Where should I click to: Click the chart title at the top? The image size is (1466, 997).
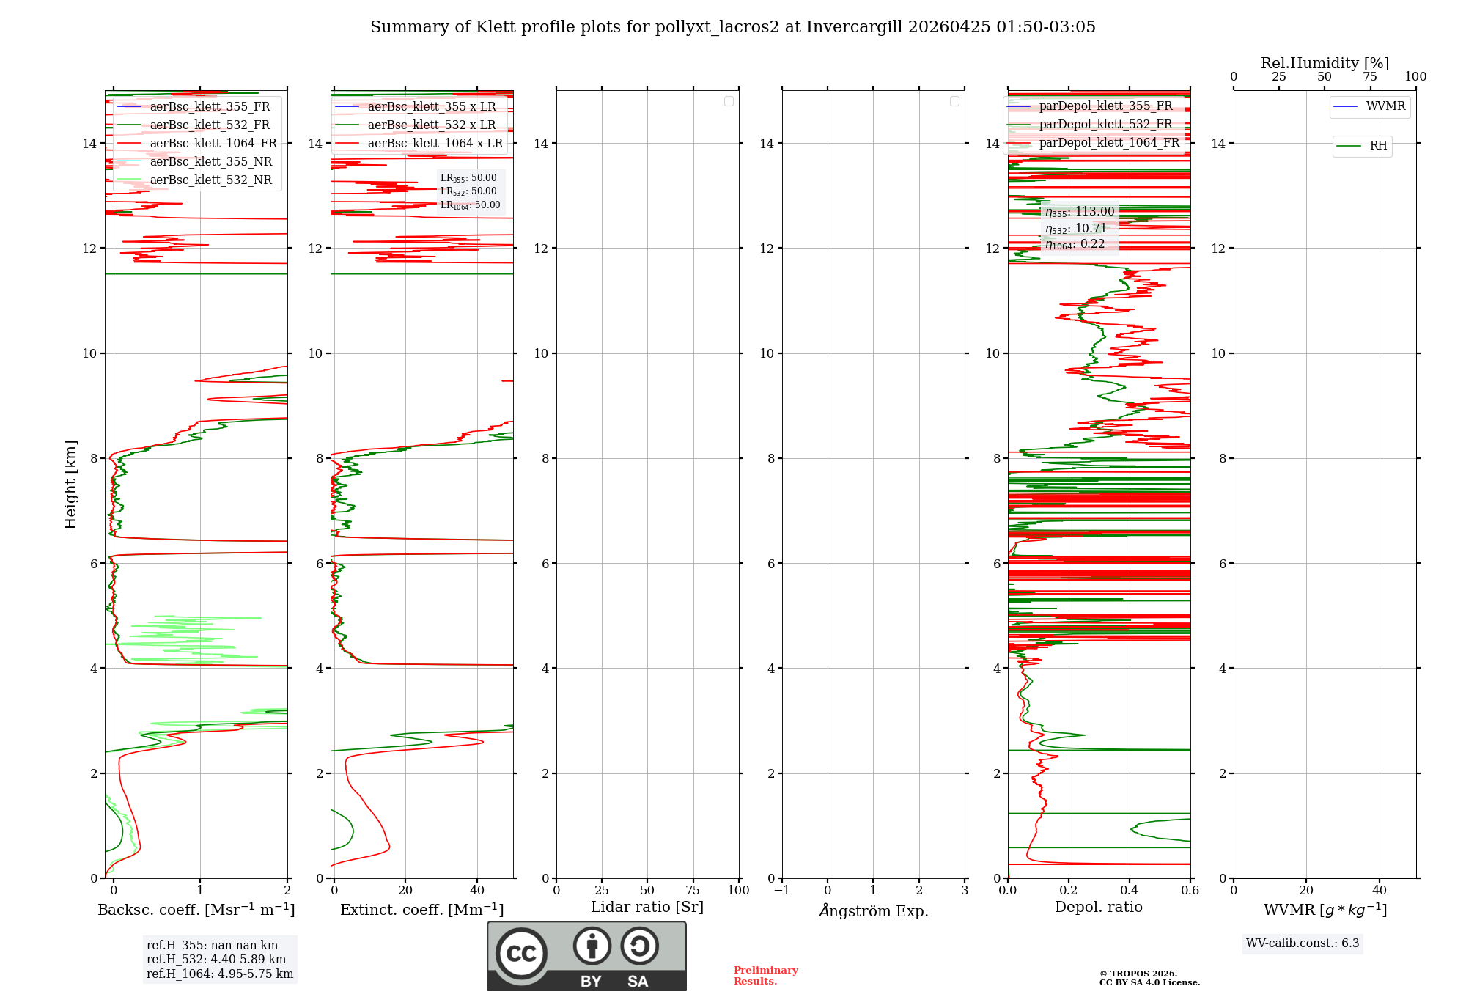(x=732, y=27)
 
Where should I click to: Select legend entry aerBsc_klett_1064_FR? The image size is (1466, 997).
(x=213, y=144)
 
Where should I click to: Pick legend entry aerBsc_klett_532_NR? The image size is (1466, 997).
(x=210, y=180)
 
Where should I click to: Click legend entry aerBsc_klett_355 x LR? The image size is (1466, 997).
(x=431, y=107)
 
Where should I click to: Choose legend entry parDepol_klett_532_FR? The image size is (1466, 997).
(x=1105, y=125)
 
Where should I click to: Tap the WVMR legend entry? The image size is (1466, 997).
(x=1385, y=106)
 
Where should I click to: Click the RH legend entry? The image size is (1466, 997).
(x=1377, y=146)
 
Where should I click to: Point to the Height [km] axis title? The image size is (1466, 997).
(x=70, y=484)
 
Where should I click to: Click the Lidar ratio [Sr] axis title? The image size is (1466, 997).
(x=647, y=907)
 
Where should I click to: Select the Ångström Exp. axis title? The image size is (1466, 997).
(x=873, y=910)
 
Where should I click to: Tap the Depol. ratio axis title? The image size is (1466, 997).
(x=1098, y=907)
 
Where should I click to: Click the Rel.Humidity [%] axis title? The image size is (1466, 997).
(x=1325, y=63)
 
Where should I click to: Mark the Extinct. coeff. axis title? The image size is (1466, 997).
(x=421, y=910)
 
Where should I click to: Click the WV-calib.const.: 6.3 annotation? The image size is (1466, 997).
(x=1302, y=943)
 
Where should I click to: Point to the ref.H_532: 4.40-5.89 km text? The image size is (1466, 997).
(x=216, y=959)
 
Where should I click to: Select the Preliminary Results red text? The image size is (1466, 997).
(x=765, y=976)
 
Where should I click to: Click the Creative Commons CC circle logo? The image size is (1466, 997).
(x=521, y=954)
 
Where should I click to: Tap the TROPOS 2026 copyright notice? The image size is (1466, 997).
(x=1149, y=978)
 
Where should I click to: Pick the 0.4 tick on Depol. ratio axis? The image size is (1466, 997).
(x=1130, y=890)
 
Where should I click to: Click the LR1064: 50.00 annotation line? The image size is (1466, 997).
(x=470, y=205)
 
